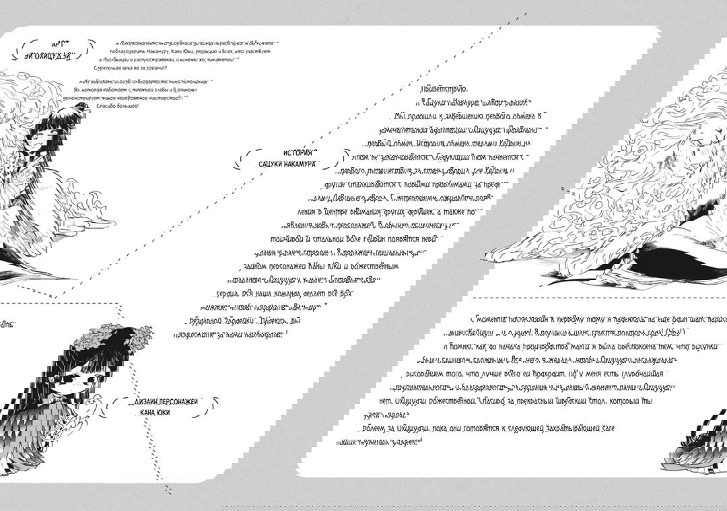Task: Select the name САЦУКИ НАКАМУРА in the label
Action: [288, 164]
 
